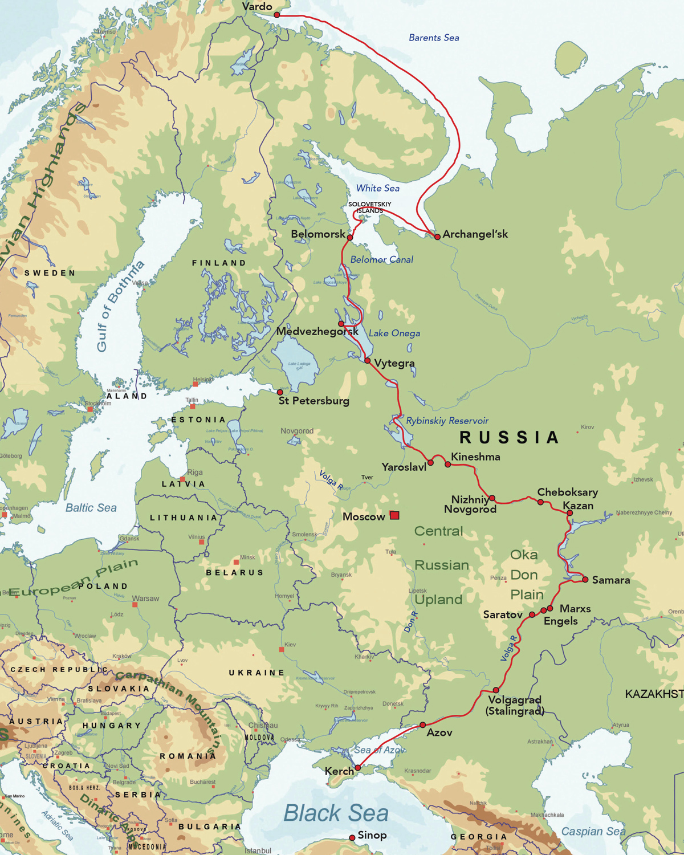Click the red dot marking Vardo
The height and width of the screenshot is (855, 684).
click(277, 15)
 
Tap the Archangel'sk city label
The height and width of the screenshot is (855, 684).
click(475, 234)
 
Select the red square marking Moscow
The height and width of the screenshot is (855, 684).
click(394, 515)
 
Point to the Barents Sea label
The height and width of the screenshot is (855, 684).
click(434, 38)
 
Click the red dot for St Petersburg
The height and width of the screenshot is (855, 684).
click(280, 392)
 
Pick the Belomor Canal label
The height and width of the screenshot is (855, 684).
click(381, 259)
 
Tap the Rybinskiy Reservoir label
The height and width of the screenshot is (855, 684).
click(447, 421)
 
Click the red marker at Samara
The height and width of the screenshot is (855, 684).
click(585, 580)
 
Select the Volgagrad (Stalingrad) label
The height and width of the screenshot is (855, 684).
click(515, 705)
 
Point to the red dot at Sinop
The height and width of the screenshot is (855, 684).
click(352, 837)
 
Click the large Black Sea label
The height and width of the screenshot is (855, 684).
click(336, 813)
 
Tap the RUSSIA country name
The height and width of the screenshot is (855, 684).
click(509, 437)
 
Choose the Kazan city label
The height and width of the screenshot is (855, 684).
click(578, 506)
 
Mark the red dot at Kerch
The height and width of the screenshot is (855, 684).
click(358, 768)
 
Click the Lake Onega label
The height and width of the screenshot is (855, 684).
click(394, 333)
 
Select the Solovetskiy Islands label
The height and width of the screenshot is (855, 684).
click(370, 207)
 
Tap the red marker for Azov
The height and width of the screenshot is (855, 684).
click(422, 725)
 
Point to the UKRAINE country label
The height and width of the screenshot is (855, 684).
click(256, 673)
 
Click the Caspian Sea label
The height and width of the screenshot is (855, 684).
click(593, 831)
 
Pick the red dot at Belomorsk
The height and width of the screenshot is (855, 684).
click(350, 238)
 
